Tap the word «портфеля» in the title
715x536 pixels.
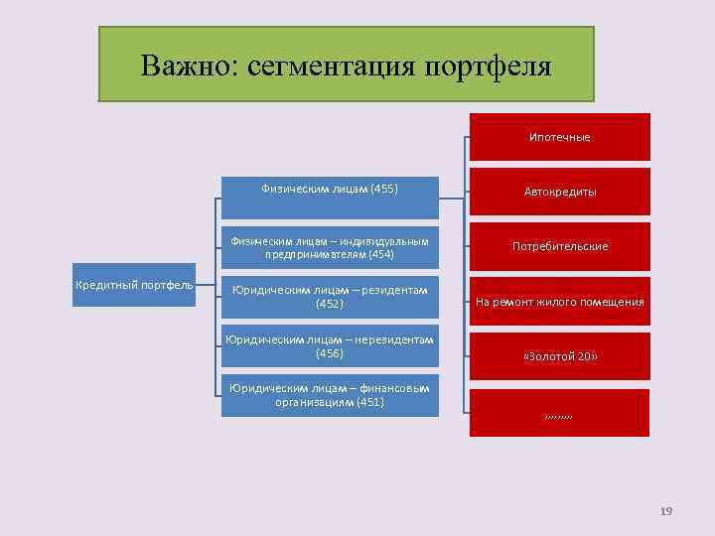(x=487, y=66)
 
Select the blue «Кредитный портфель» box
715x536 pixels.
(x=134, y=286)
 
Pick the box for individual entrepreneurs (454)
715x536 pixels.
(x=329, y=247)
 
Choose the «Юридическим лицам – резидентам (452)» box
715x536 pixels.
(x=329, y=296)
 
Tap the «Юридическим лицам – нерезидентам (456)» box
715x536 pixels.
(x=329, y=348)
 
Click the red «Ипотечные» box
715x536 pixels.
(x=559, y=137)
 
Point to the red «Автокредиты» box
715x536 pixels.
(x=559, y=192)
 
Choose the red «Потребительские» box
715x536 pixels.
(x=559, y=246)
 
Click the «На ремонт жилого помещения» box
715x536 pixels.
(x=559, y=301)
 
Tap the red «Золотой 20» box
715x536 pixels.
(x=559, y=355)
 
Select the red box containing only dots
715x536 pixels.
(x=559, y=412)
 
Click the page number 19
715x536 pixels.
(x=666, y=510)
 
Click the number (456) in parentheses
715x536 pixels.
(x=329, y=353)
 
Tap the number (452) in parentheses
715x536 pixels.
(x=329, y=303)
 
